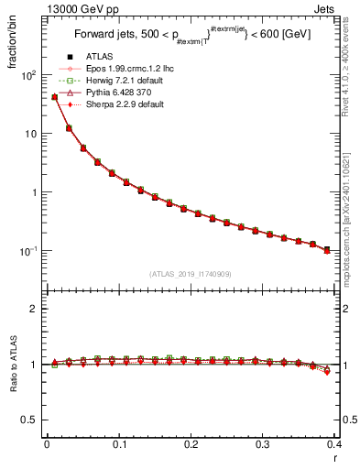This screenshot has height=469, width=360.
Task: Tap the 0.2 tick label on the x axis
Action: click(190, 444)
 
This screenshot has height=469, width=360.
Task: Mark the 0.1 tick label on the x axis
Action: click(118, 444)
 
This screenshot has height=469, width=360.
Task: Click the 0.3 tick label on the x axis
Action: click(262, 444)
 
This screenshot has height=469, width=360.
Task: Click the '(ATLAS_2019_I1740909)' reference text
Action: click(190, 274)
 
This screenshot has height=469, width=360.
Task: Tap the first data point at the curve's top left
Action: click(54, 96)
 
